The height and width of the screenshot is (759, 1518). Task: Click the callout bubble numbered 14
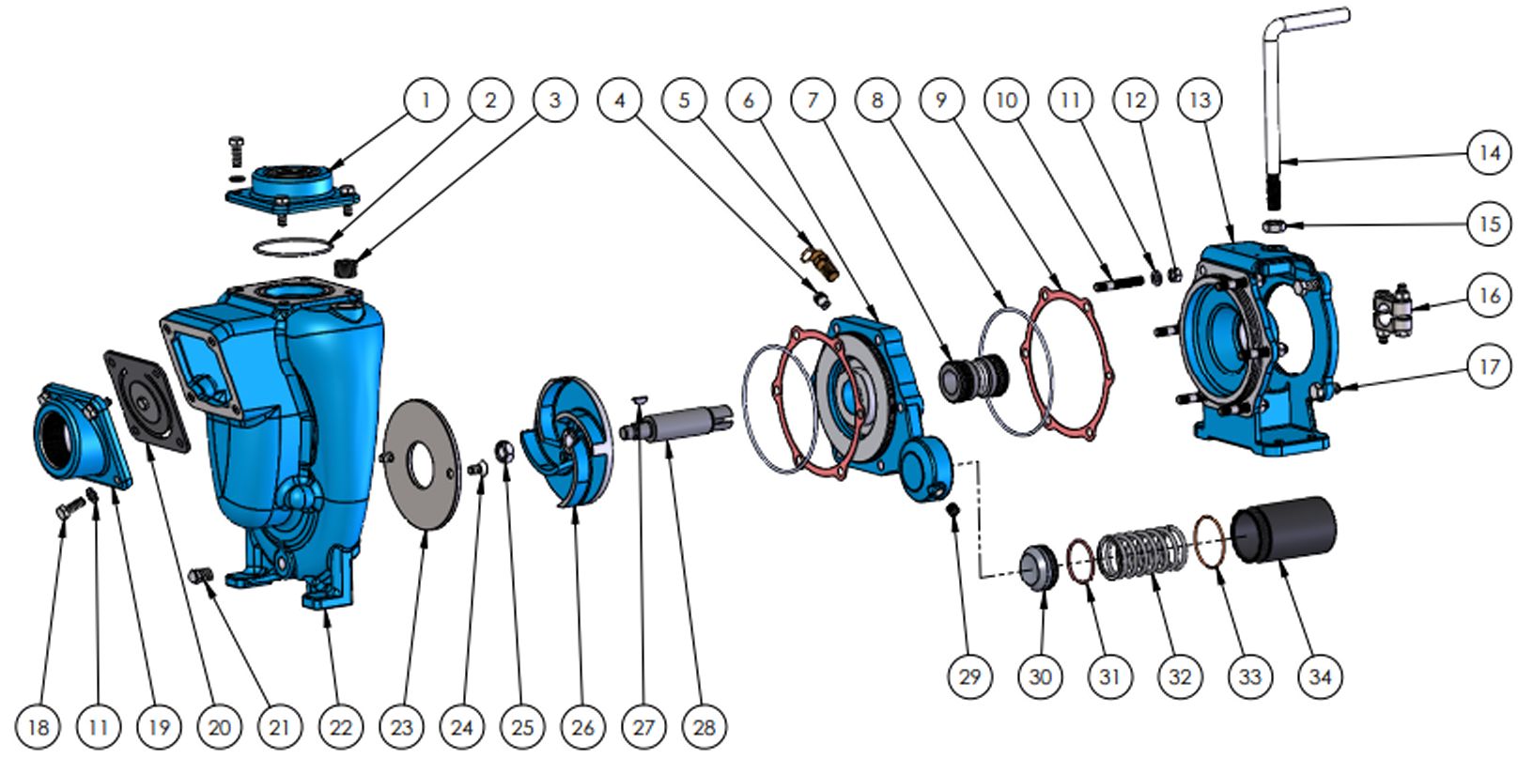coord(1490,152)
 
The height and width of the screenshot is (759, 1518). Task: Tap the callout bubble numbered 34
coord(1320,676)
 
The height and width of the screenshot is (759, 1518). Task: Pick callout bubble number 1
coord(426,100)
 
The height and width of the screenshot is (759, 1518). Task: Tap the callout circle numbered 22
coord(340,726)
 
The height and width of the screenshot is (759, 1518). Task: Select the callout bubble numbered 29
coord(969,676)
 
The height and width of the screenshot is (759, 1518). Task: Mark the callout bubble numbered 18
coord(39,726)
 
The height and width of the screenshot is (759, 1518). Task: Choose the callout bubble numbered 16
coord(1490,297)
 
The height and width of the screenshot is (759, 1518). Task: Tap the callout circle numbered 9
coord(942,100)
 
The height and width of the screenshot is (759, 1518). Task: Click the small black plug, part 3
coord(348,265)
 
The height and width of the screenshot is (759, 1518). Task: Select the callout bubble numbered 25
coord(522,726)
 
